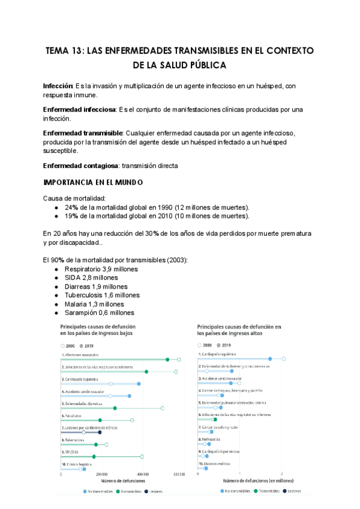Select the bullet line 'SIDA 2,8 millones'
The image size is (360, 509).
pos(92,278)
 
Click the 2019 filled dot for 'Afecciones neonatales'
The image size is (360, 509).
pos(167,360)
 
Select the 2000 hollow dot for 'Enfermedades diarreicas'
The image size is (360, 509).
pos(162,408)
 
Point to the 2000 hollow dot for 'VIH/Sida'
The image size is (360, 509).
pos(142,457)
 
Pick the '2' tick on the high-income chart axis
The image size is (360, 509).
pos(282,473)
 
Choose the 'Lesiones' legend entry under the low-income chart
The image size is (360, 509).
pos(154,491)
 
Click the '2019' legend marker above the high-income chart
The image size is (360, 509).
pos(222,345)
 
